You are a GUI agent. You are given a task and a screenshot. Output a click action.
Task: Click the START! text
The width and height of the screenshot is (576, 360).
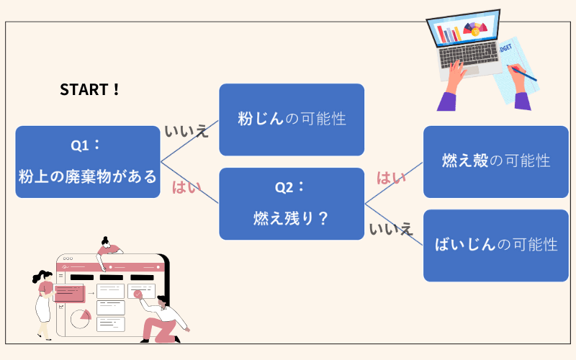coord(90,90)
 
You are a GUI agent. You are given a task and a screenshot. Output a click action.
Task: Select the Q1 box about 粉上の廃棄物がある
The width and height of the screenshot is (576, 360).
coord(87,162)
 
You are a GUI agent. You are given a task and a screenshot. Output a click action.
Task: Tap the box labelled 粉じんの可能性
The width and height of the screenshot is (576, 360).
coord(292,120)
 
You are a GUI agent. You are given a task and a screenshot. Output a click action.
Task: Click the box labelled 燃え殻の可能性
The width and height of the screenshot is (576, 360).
coord(496,161)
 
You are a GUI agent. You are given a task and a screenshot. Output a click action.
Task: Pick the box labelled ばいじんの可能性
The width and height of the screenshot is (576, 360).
coord(496,245)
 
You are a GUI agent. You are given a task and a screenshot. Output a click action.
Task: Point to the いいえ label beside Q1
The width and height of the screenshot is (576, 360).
coord(186,131)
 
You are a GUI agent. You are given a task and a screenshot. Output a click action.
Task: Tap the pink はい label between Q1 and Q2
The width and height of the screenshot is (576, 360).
coord(186,189)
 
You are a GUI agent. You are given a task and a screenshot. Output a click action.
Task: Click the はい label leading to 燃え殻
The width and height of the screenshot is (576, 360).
coord(392,178)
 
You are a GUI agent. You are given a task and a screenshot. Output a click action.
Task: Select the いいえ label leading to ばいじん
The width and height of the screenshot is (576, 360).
coord(391,229)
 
